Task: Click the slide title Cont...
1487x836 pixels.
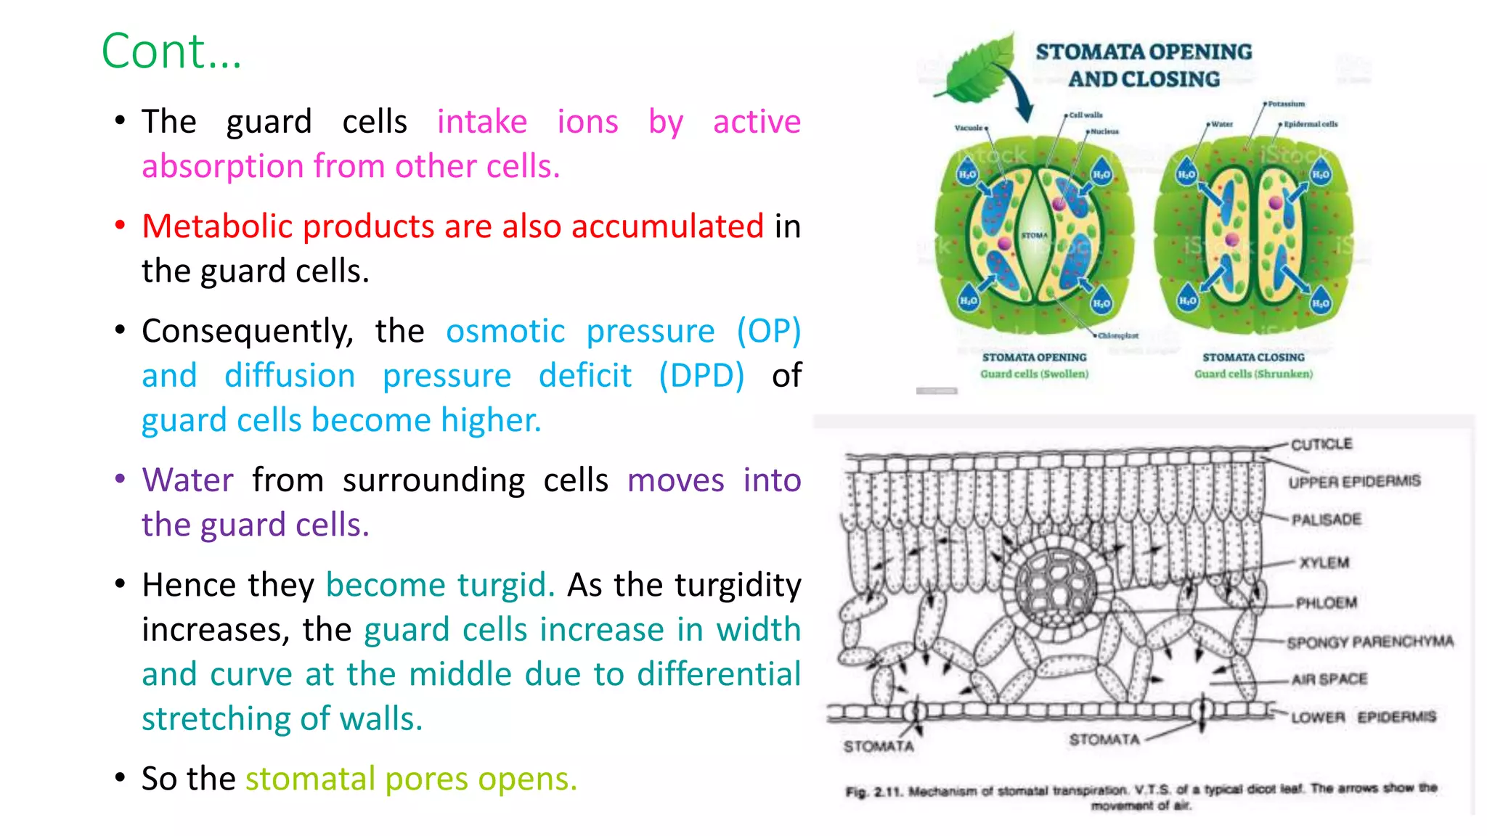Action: tap(171, 52)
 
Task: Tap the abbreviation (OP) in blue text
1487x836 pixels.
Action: tap(768, 332)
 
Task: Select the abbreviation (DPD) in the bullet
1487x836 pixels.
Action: tap(701, 376)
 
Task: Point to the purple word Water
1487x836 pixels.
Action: tap(188, 480)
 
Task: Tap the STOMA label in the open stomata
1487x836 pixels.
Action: tap(1035, 236)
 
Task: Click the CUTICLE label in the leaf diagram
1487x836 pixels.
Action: tap(1321, 444)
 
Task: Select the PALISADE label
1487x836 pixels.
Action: tap(1326, 520)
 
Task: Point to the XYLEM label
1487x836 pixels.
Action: tap(1324, 562)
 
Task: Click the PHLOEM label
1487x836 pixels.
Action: tap(1326, 603)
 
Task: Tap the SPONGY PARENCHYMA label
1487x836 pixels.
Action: tap(1369, 642)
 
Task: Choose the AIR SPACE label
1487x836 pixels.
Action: tap(1329, 679)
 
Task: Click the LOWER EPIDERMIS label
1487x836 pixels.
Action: tap(1363, 717)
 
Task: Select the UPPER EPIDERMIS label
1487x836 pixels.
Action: tap(1354, 482)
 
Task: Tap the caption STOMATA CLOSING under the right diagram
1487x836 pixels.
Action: tap(1253, 357)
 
